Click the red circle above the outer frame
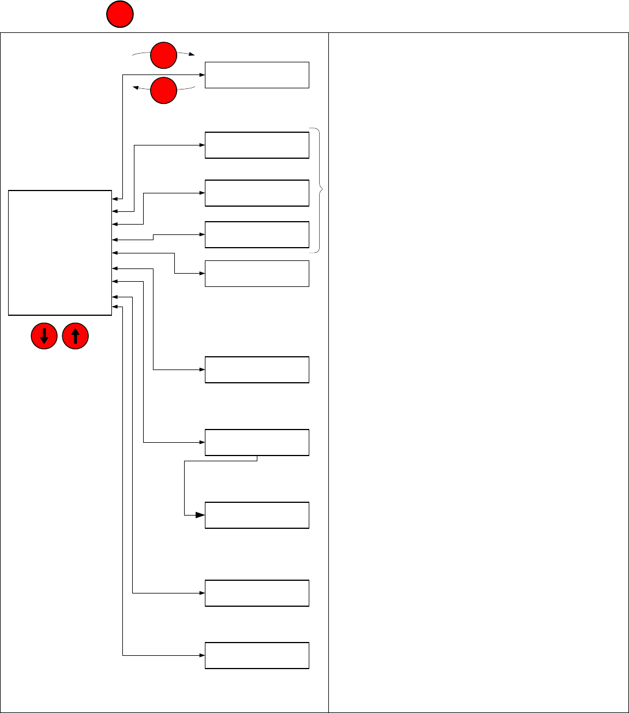coord(119,15)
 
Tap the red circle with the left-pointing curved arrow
coord(164,91)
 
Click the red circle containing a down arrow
coord(44,336)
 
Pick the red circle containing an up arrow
coord(75,336)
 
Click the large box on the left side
coord(60,253)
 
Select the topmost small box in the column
coord(257,75)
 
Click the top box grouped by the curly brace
coord(257,145)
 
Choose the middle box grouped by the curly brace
coord(257,193)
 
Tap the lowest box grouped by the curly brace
coord(257,234)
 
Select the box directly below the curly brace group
coord(257,274)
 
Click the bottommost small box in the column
coord(257,655)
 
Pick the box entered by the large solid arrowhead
coord(257,515)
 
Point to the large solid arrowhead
coord(200,515)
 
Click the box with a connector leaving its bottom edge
coord(257,443)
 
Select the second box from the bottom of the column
coord(257,593)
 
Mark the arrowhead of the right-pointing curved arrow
coord(192,54)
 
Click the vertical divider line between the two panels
coord(328,372)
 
